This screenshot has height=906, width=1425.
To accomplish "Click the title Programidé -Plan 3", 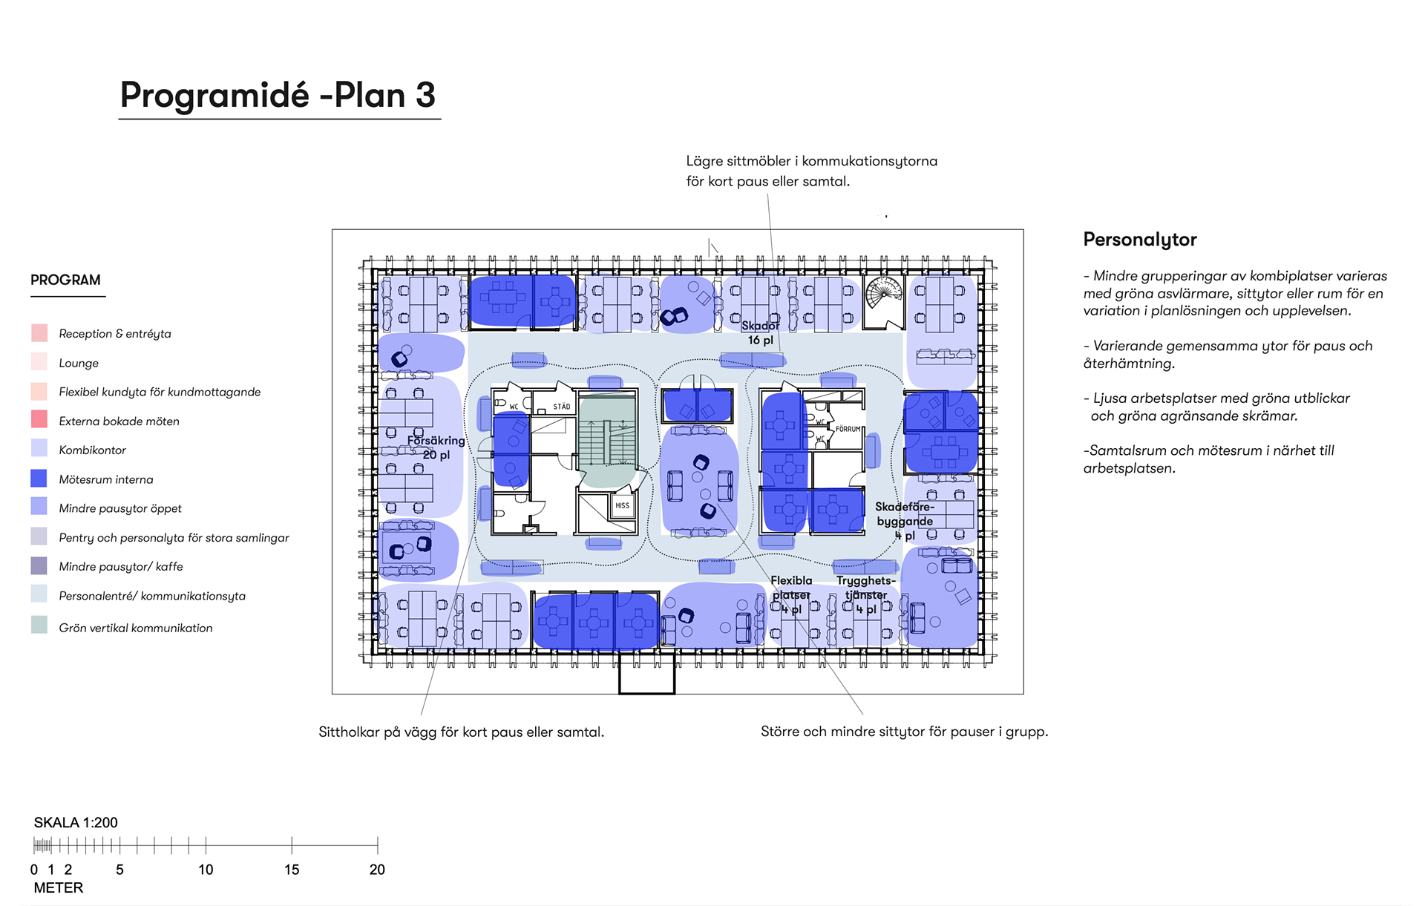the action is coord(278,95).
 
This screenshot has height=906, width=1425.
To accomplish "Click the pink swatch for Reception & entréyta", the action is coord(39,332).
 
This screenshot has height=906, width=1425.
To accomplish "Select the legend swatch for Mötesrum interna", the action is coord(39,479).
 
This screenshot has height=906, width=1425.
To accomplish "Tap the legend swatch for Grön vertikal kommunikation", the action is coord(39,625).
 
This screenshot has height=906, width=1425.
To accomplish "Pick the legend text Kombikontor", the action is coord(93,450).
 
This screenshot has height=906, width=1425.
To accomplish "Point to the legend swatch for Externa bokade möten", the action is coord(39,419).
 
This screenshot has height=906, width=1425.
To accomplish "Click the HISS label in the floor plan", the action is coord(622,505).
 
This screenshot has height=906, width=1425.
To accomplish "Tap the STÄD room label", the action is coord(562,407).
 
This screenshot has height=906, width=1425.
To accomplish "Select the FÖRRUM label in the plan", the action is coord(848,429).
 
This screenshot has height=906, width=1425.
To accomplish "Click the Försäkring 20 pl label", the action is coord(436,447).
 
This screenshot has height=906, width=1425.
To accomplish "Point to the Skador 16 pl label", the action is coord(761,332).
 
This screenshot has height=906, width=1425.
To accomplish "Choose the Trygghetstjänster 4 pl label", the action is coord(866,594).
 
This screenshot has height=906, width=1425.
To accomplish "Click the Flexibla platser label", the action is coord(791,588).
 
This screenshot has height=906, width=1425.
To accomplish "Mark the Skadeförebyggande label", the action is coord(905,513).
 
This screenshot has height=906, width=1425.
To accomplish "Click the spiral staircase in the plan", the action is coord(885,301).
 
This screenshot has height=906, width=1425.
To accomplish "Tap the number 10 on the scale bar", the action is coord(206,870).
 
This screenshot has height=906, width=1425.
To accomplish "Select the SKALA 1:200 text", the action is coord(76,822).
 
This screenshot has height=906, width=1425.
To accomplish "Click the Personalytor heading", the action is coord(1140,240).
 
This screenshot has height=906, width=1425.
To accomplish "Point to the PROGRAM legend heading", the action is coord(65,280).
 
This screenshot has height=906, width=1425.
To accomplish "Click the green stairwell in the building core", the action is coord(607,441).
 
